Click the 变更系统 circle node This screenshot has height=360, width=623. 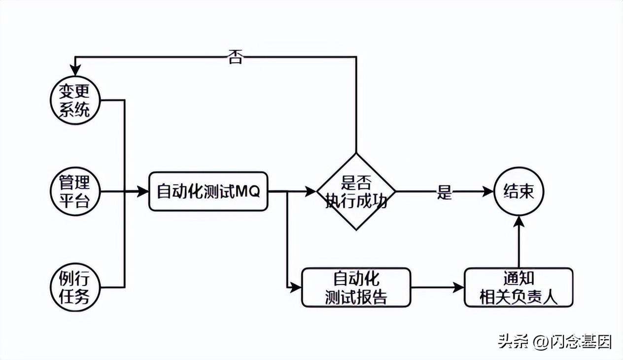75,101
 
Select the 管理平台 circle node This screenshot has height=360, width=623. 75,191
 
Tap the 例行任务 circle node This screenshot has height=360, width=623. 75,287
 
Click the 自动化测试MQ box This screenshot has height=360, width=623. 208,191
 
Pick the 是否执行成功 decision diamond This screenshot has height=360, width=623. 356,191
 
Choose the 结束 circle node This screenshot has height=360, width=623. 519,191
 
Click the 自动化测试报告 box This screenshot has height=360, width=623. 356,288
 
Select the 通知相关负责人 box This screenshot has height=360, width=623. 519,288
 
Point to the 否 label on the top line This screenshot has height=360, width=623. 235,57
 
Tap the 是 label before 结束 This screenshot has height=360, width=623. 444,192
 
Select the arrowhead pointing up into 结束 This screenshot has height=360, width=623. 519,222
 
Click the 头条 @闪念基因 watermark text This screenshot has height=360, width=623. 554,341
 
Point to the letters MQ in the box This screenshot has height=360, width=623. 248,191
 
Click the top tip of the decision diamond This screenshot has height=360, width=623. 356,153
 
